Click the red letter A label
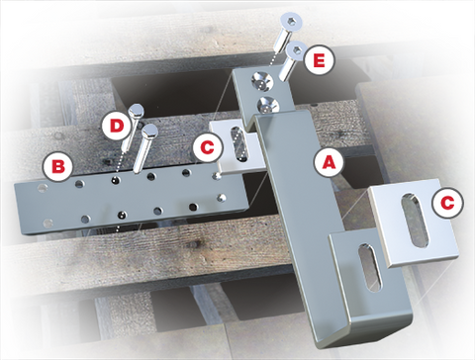click(x=329, y=162)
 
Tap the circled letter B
click(x=58, y=166)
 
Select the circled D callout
click(x=117, y=126)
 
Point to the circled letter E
click(x=319, y=61)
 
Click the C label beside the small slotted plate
click(x=208, y=147)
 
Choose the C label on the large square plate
click(x=447, y=203)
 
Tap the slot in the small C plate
click(x=240, y=144)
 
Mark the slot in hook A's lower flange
click(x=370, y=267)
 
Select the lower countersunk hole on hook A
click(x=267, y=105)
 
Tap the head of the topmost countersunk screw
click(x=291, y=22)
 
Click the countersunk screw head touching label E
click(x=295, y=50)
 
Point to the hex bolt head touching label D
click(x=136, y=111)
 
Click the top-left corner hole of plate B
click(x=43, y=188)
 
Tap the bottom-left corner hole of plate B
click(x=48, y=224)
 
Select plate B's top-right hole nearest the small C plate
click(x=217, y=176)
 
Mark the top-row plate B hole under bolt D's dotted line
click(x=115, y=180)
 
